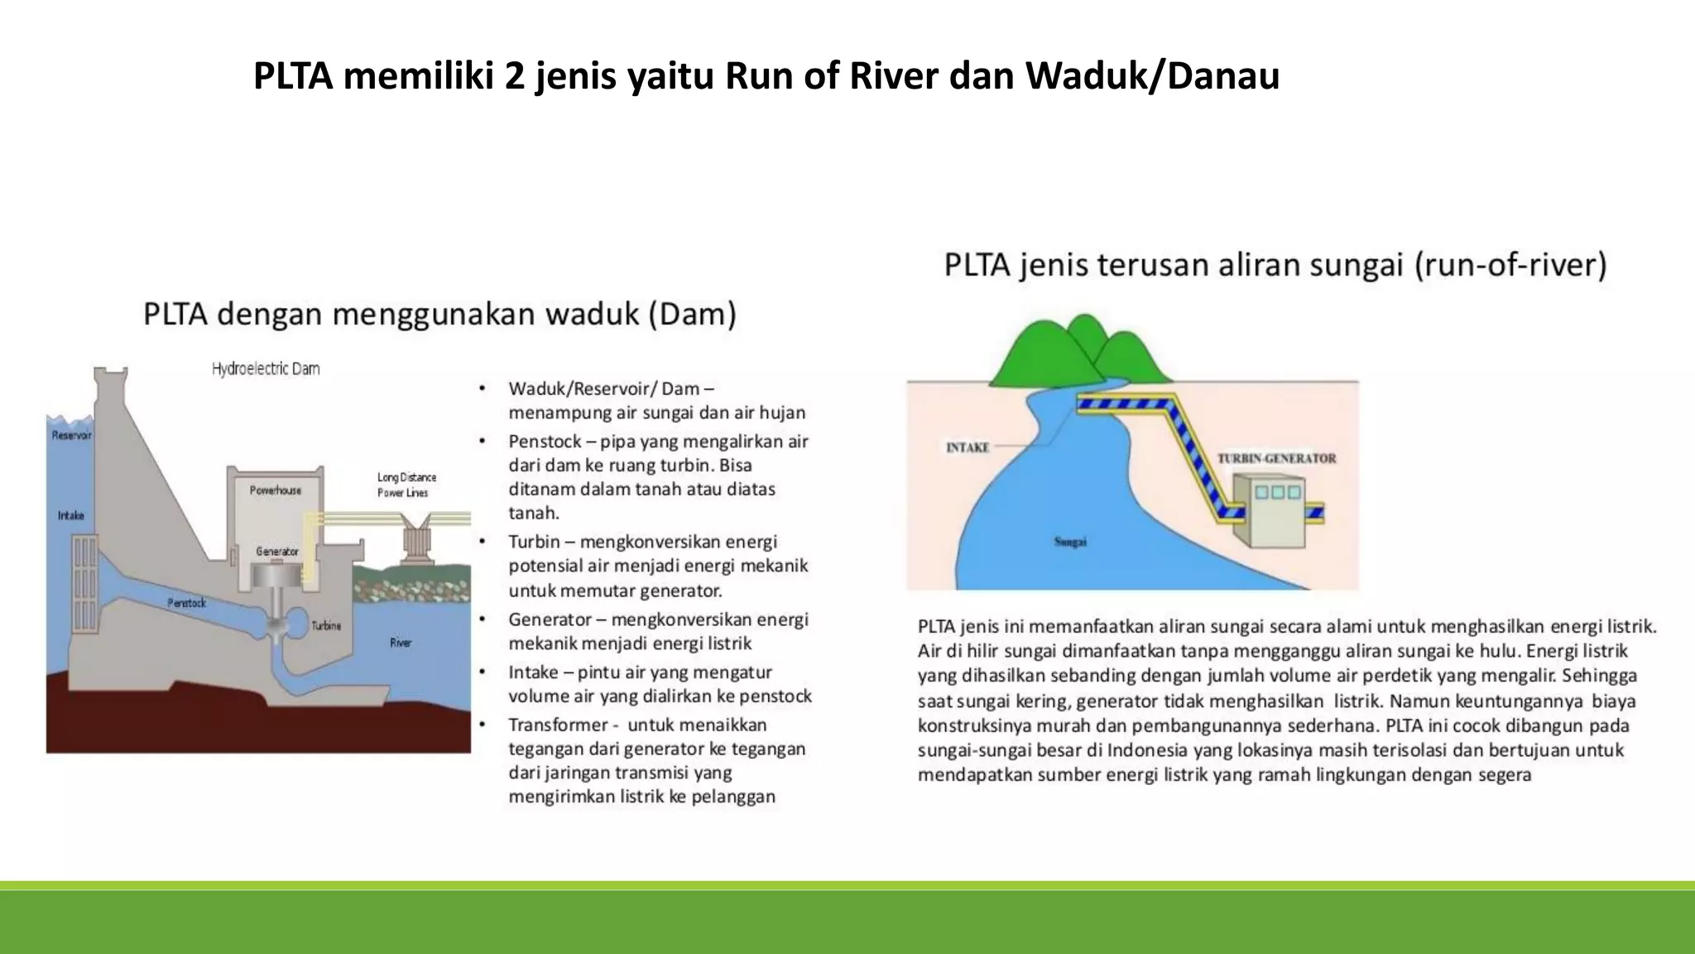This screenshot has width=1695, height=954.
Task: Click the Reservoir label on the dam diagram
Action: (x=71, y=435)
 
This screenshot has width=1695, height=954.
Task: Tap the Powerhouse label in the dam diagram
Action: (x=276, y=490)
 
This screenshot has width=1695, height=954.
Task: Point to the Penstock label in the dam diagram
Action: (x=186, y=603)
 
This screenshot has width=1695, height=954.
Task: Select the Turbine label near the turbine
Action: (x=326, y=625)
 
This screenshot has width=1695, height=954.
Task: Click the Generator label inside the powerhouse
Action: (x=277, y=551)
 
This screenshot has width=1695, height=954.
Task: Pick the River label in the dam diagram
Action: (x=401, y=643)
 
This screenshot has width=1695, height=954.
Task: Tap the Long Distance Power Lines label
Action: (x=406, y=484)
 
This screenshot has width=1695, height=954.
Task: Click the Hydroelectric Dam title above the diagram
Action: (x=266, y=369)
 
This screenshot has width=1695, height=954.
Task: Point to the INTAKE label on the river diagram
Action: (x=968, y=447)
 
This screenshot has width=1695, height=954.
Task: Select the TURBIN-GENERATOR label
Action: (x=1276, y=458)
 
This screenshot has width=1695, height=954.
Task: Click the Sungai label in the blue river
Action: (x=1070, y=542)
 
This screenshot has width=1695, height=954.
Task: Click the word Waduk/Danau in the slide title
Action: (x=1152, y=76)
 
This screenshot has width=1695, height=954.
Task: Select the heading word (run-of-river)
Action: (x=1510, y=265)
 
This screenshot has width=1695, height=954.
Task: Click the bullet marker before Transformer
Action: (x=482, y=725)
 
